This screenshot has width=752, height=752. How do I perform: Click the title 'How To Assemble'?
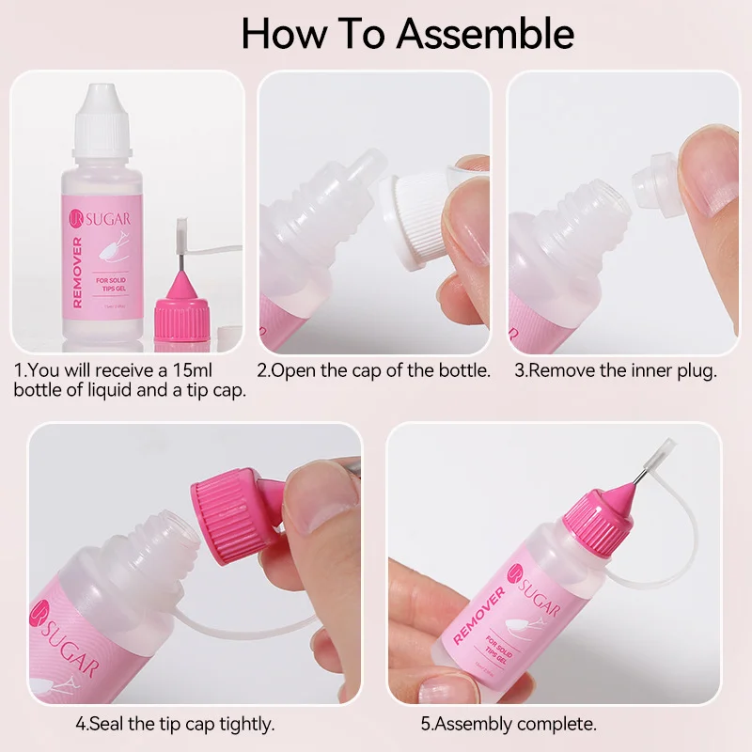pyautogui.click(x=407, y=33)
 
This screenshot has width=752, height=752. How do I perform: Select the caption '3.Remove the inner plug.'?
pyautogui.click(x=615, y=370)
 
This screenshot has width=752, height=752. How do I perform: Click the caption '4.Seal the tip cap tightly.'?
pyautogui.click(x=174, y=724)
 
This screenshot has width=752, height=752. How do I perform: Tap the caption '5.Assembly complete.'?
pyautogui.click(x=509, y=724)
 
